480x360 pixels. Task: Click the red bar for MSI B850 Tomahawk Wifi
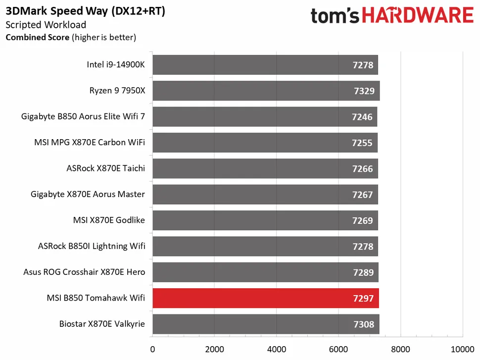pyautogui.click(x=265, y=298)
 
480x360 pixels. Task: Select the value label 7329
pyautogui.click(x=363, y=91)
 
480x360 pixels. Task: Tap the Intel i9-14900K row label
pyautogui.click(x=115, y=65)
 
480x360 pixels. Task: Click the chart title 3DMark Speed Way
pyautogui.click(x=85, y=12)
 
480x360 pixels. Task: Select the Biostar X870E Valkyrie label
pyautogui.click(x=102, y=324)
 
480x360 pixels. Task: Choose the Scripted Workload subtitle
pyautogui.click(x=46, y=25)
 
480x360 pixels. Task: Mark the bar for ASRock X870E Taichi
pyautogui.click(x=265, y=168)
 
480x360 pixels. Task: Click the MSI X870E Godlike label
pyautogui.click(x=109, y=220)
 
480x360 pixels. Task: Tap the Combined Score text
pyautogui.click(x=38, y=37)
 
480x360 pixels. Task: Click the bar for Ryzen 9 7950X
pyautogui.click(x=266, y=91)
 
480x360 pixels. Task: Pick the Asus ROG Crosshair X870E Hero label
pyautogui.click(x=84, y=272)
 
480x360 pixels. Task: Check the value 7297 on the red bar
pyautogui.click(x=363, y=299)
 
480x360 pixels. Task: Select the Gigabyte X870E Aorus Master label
pyautogui.click(x=88, y=194)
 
